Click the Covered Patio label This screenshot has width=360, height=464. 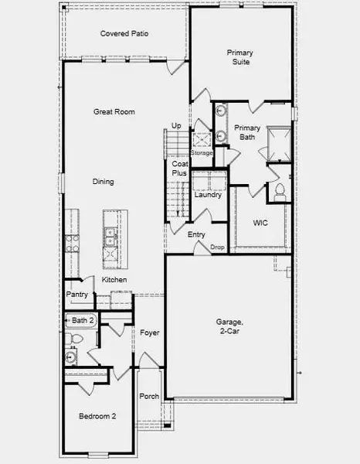pyautogui.click(x=124, y=34)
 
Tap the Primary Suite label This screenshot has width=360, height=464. pyautogui.click(x=239, y=58)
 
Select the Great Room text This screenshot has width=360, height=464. pyautogui.click(x=114, y=112)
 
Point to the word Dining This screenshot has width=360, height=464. pyautogui.click(x=103, y=183)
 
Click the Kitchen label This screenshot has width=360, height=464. pyautogui.click(x=114, y=279)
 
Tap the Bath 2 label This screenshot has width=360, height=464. pyautogui.click(x=83, y=320)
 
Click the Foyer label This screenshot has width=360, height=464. pyautogui.click(x=150, y=333)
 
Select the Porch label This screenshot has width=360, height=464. pyautogui.click(x=148, y=397)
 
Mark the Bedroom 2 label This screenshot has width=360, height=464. pyautogui.click(x=97, y=416)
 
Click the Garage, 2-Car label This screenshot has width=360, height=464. pyautogui.click(x=229, y=326)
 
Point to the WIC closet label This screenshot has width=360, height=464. pyautogui.click(x=260, y=223)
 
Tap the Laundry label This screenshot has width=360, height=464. pyautogui.click(x=209, y=195)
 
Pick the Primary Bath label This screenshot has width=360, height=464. pyautogui.click(x=247, y=133)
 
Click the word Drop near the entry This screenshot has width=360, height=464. pyautogui.click(x=218, y=247)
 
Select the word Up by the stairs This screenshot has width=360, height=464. pyautogui.click(x=176, y=126)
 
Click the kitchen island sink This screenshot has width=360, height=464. pyautogui.click(x=110, y=233)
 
